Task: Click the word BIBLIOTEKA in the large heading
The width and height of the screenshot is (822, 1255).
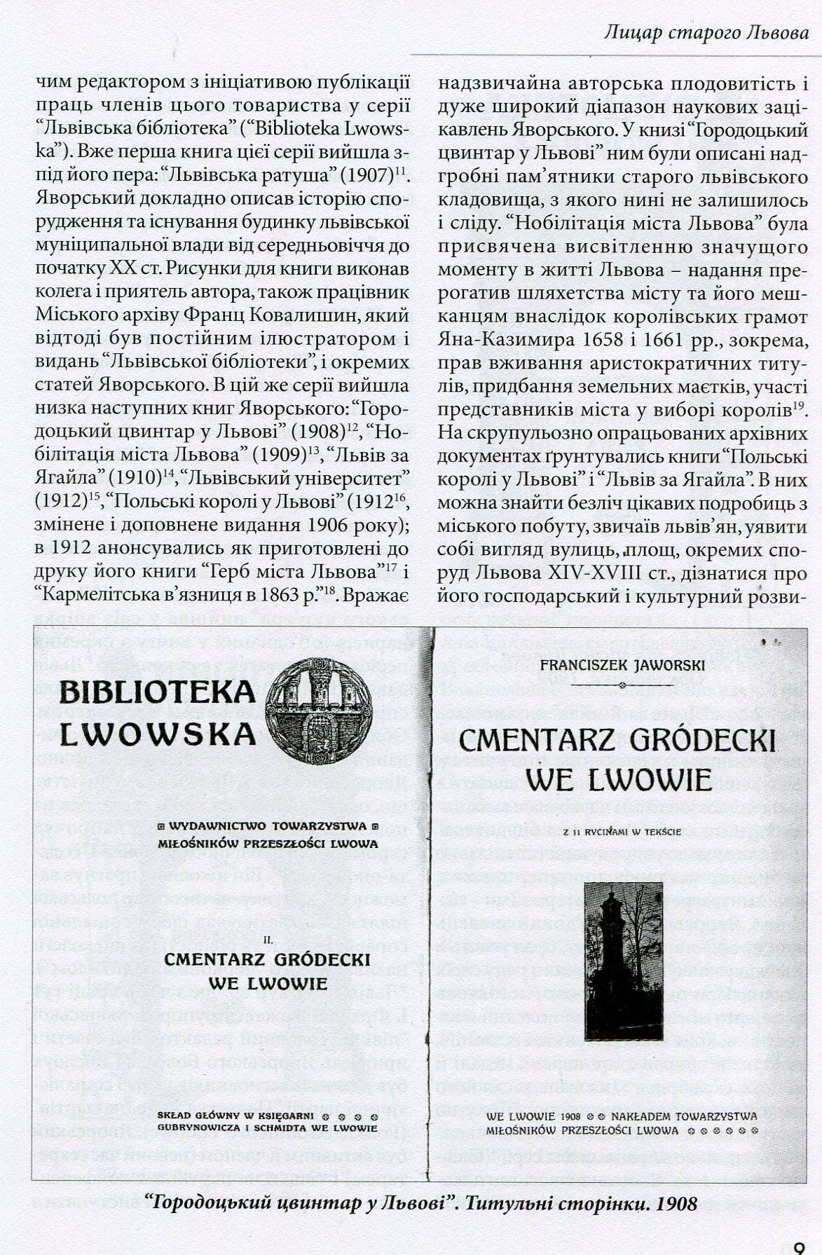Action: (x=158, y=692)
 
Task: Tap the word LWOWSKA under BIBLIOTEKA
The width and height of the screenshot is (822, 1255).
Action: (x=158, y=734)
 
